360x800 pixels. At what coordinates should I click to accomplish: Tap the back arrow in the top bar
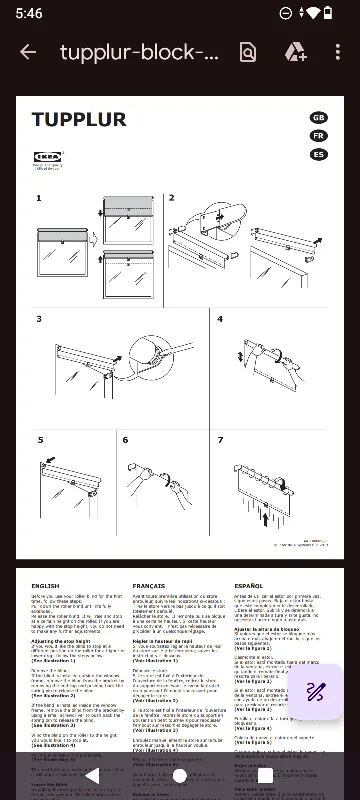[x=28, y=52]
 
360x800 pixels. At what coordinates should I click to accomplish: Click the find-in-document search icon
[x=248, y=52]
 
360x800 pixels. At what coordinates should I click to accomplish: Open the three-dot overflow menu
[x=337, y=52]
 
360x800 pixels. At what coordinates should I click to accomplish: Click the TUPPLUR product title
[x=79, y=120]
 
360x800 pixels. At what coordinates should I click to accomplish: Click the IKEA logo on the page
[x=47, y=157]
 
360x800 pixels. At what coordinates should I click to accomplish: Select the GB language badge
[x=318, y=118]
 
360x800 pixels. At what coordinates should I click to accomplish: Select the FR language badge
[x=318, y=136]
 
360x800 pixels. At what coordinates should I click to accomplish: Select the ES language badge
[x=318, y=154]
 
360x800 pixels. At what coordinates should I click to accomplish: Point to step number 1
[x=39, y=198]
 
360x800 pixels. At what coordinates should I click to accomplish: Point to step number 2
[x=171, y=198]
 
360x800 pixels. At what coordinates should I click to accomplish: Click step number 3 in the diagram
[x=39, y=319]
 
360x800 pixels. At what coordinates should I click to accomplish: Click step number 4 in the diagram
[x=220, y=319]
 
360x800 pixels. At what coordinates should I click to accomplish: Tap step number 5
[x=41, y=440]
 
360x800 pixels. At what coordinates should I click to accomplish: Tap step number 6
[x=125, y=440]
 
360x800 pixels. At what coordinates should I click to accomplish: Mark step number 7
[x=220, y=440]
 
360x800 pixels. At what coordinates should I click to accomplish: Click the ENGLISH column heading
[x=46, y=586]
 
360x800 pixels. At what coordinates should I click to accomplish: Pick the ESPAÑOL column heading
[x=249, y=586]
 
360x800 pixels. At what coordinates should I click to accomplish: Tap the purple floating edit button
[x=315, y=663]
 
